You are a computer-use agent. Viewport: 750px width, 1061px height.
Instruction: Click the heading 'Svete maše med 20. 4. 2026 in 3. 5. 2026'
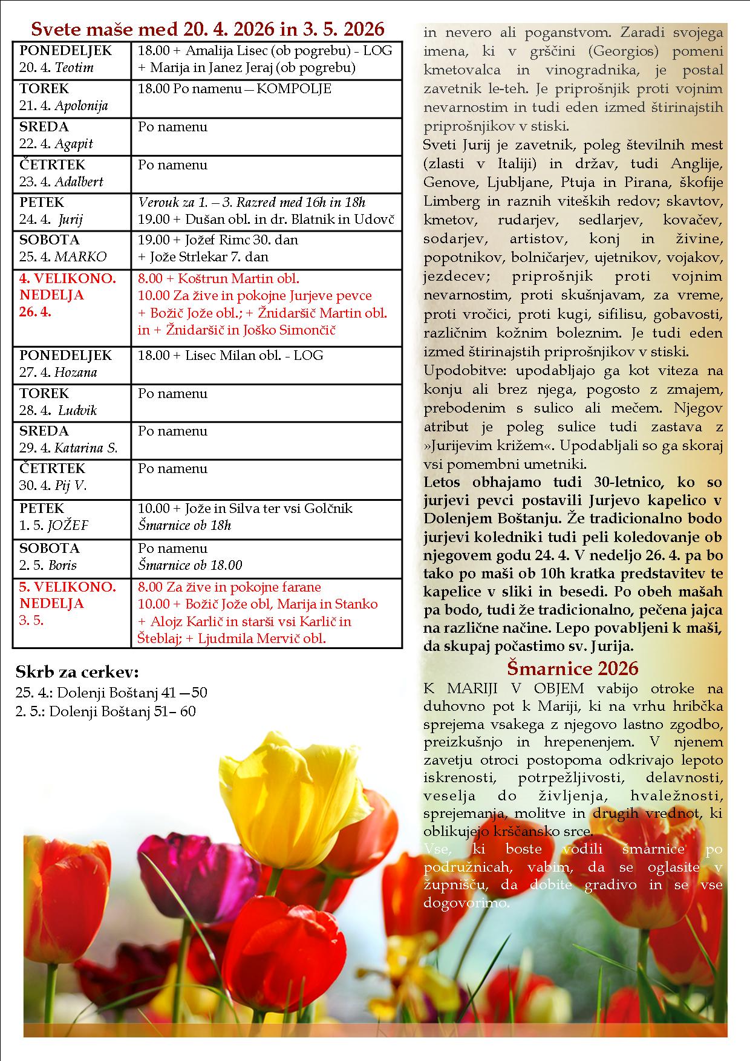click(x=207, y=29)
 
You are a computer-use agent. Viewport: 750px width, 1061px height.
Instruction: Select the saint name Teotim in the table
click(x=74, y=68)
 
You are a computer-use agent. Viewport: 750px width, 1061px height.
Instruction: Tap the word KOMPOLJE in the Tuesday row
click(x=294, y=89)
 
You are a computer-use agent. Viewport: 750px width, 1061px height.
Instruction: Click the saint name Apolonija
click(x=81, y=106)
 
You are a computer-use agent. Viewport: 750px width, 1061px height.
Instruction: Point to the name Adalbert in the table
click(x=79, y=181)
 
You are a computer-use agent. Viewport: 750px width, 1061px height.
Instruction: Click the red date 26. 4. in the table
click(x=36, y=313)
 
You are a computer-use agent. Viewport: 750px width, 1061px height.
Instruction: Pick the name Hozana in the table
click(x=76, y=372)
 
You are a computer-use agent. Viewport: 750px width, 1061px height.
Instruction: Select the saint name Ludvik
click(x=77, y=410)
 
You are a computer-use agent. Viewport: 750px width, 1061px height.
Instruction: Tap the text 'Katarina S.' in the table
click(x=86, y=448)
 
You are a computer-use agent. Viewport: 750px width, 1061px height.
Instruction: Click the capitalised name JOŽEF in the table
click(x=68, y=525)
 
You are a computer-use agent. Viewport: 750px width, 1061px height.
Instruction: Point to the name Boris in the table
click(x=62, y=565)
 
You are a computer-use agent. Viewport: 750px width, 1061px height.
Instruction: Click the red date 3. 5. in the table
click(x=31, y=620)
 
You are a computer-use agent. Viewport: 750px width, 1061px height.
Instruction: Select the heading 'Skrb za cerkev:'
click(x=77, y=672)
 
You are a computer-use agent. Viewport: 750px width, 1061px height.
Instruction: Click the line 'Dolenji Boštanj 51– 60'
click(x=122, y=711)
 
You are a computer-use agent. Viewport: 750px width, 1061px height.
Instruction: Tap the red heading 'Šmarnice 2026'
click(x=572, y=668)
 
